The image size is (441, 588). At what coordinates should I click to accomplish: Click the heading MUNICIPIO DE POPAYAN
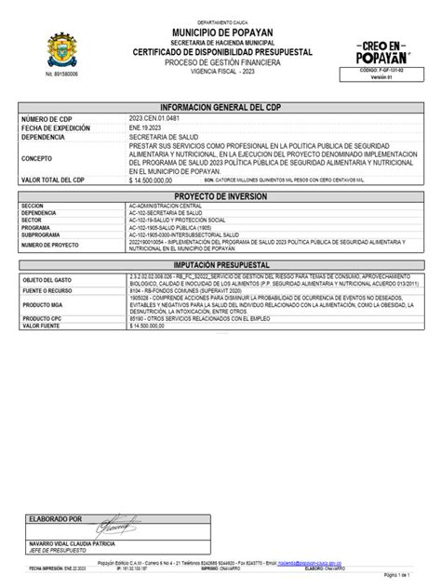tap(221, 33)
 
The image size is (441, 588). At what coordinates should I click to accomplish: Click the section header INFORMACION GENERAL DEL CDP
tap(220, 107)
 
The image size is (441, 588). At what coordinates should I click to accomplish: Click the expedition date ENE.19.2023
tap(144, 127)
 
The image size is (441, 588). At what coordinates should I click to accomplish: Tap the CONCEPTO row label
tap(38, 159)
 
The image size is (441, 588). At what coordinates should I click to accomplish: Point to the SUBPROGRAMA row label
tap(43, 236)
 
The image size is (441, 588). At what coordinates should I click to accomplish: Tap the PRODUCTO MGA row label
tap(46, 306)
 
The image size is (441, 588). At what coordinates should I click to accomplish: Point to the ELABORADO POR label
tap(56, 518)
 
